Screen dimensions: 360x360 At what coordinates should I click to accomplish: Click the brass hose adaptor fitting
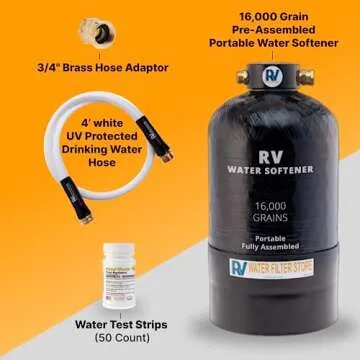[104, 33]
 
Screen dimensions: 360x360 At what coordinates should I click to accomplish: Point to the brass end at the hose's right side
[166, 155]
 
